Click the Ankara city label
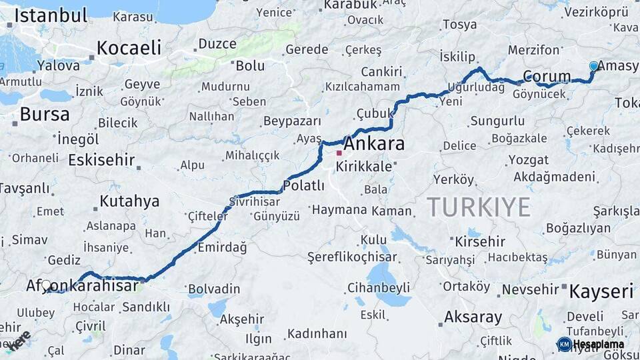tap(374, 144)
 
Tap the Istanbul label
tap(51, 15)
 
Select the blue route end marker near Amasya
tap(593, 66)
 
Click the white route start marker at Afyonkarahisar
tap(46, 285)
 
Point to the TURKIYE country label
tap(479, 207)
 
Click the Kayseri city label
tap(601, 291)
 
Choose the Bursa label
tap(44, 114)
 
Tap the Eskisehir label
tap(101, 161)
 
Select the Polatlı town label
tap(303, 185)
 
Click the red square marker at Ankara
tap(339, 153)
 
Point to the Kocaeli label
tap(129, 47)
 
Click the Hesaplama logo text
tap(598, 344)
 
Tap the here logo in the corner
tap(18, 341)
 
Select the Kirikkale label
tap(364, 167)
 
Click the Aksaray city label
tap(472, 317)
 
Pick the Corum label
tap(546, 76)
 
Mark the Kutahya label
tap(129, 201)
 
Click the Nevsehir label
tap(529, 289)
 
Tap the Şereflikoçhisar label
tap(351, 257)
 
